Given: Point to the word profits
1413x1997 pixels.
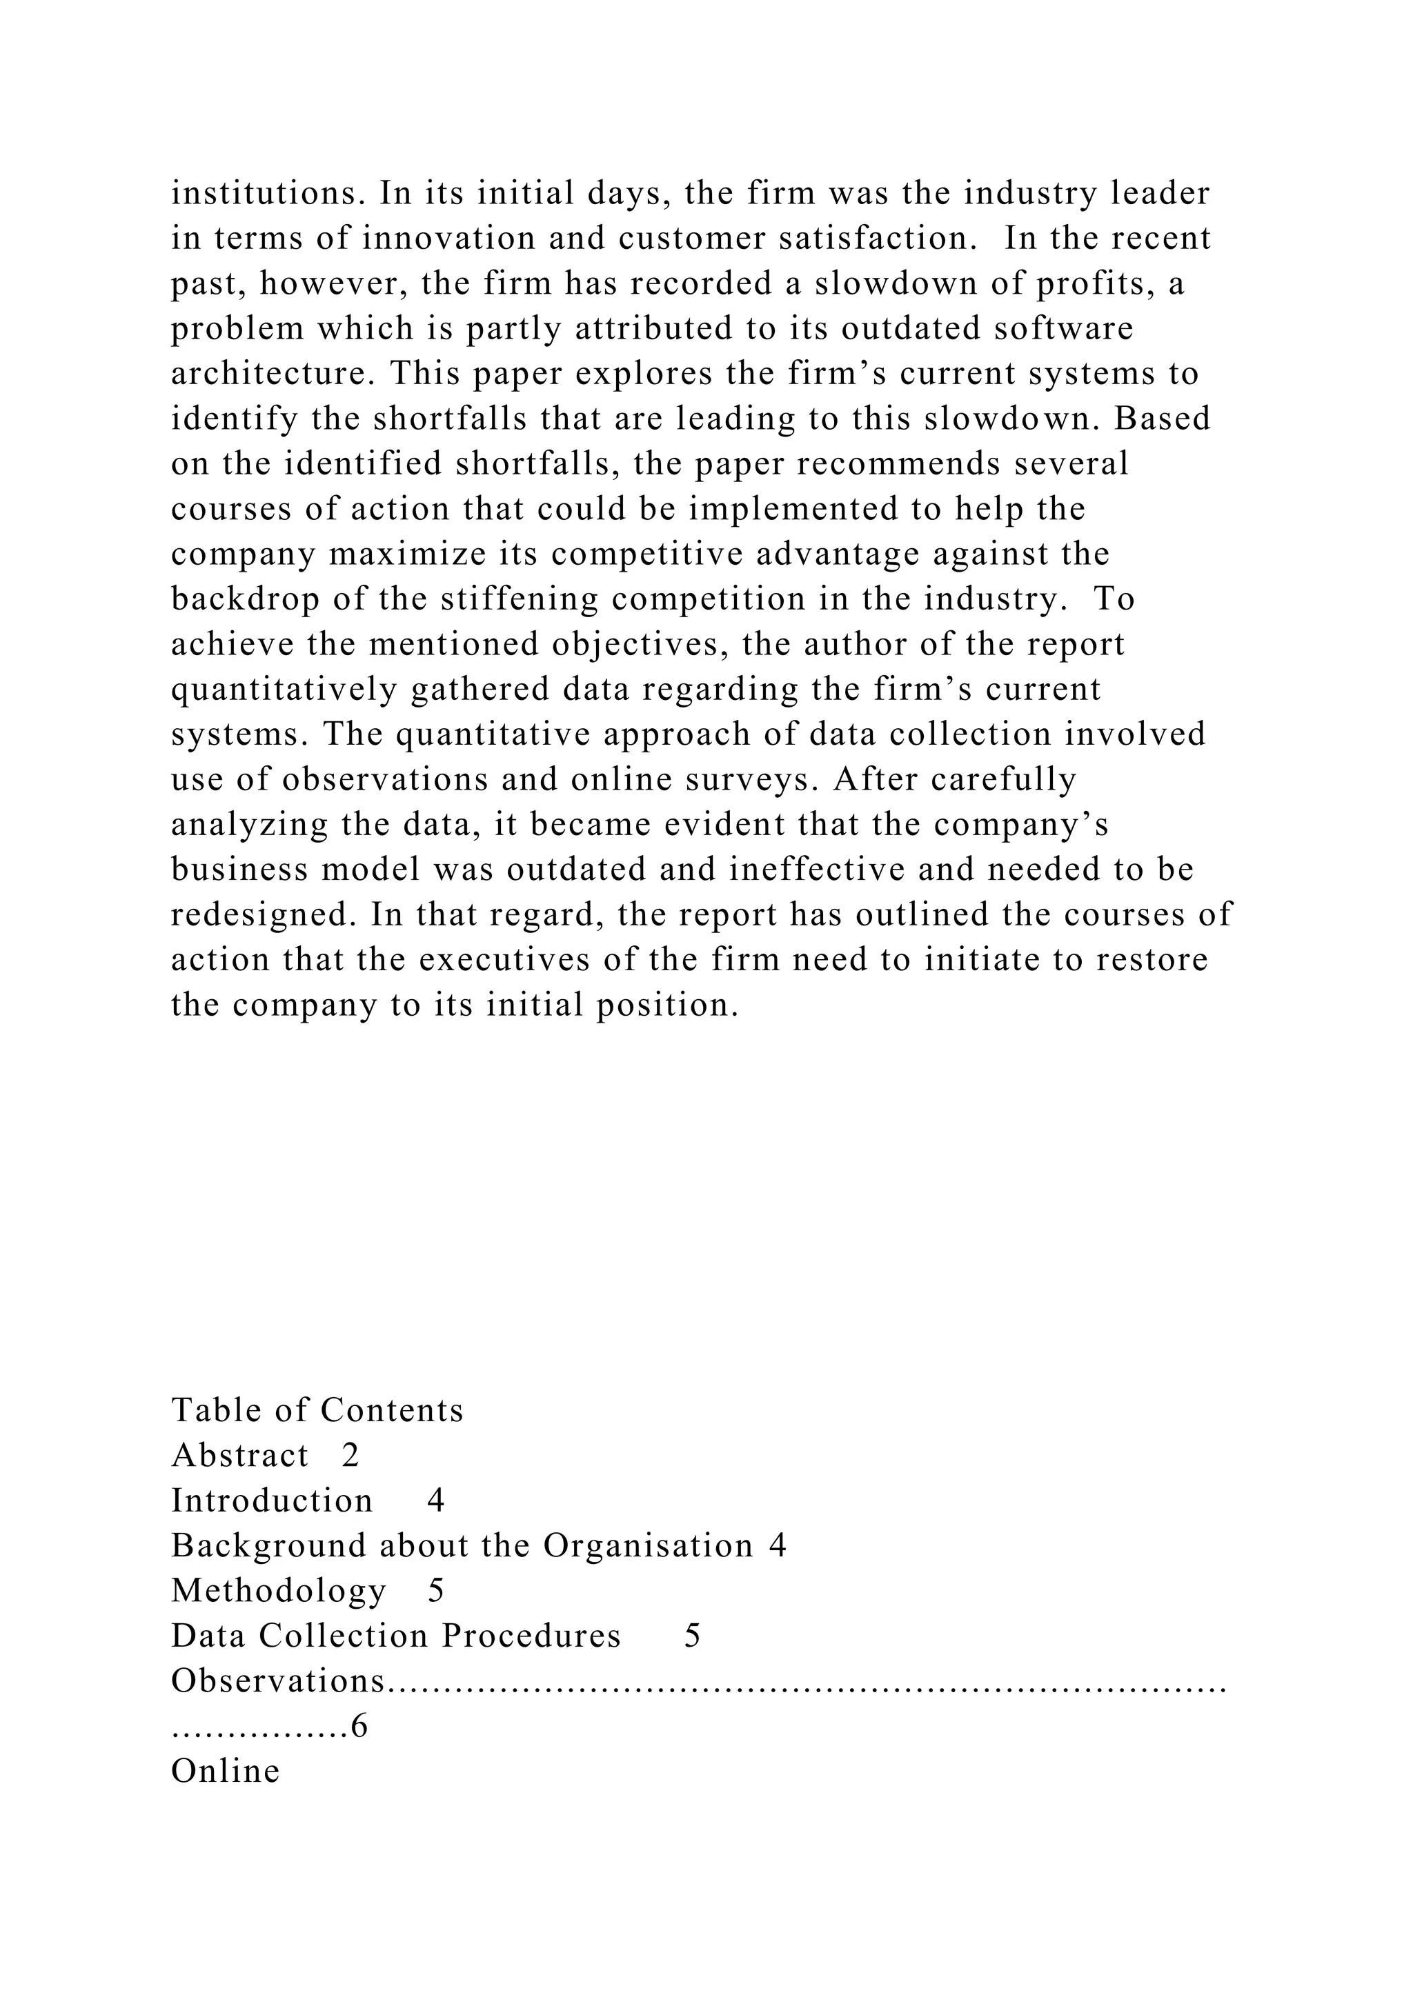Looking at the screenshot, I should point(1096,283).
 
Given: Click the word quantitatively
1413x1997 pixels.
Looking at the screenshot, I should point(284,690).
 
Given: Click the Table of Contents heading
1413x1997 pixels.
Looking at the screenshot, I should point(317,1410).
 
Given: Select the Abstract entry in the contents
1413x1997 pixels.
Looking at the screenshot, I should point(240,1455).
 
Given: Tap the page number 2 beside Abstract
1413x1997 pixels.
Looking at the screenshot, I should point(350,1455).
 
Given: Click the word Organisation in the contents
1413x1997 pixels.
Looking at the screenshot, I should point(649,1545).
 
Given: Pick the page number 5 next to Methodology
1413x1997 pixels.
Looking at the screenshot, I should point(436,1591).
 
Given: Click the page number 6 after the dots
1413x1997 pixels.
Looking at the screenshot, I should point(359,1727).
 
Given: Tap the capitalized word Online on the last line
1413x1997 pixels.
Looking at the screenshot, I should point(226,1772).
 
